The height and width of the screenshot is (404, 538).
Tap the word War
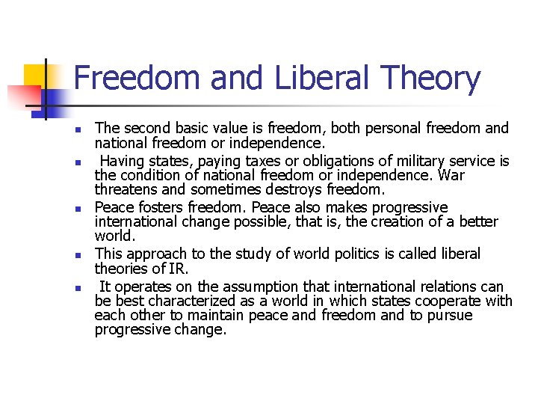[x=451, y=174]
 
